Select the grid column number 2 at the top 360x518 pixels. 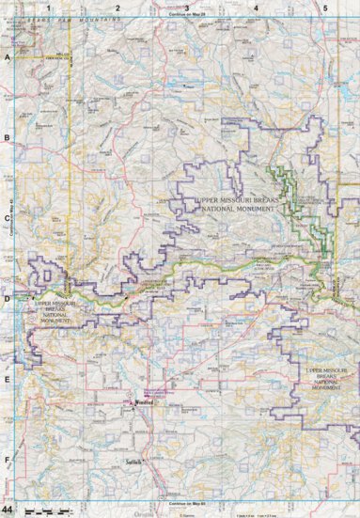click(x=117, y=8)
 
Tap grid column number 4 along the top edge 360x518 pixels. click(x=256, y=8)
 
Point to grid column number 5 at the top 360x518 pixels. click(x=324, y=8)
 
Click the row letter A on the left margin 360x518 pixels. click(x=8, y=57)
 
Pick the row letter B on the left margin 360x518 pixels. click(x=8, y=138)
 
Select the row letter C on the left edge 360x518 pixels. click(x=8, y=219)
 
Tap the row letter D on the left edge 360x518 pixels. click(x=8, y=300)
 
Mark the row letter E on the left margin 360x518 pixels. click(x=8, y=381)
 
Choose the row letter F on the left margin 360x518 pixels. click(x=8, y=461)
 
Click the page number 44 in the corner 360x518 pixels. click(x=8, y=509)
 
